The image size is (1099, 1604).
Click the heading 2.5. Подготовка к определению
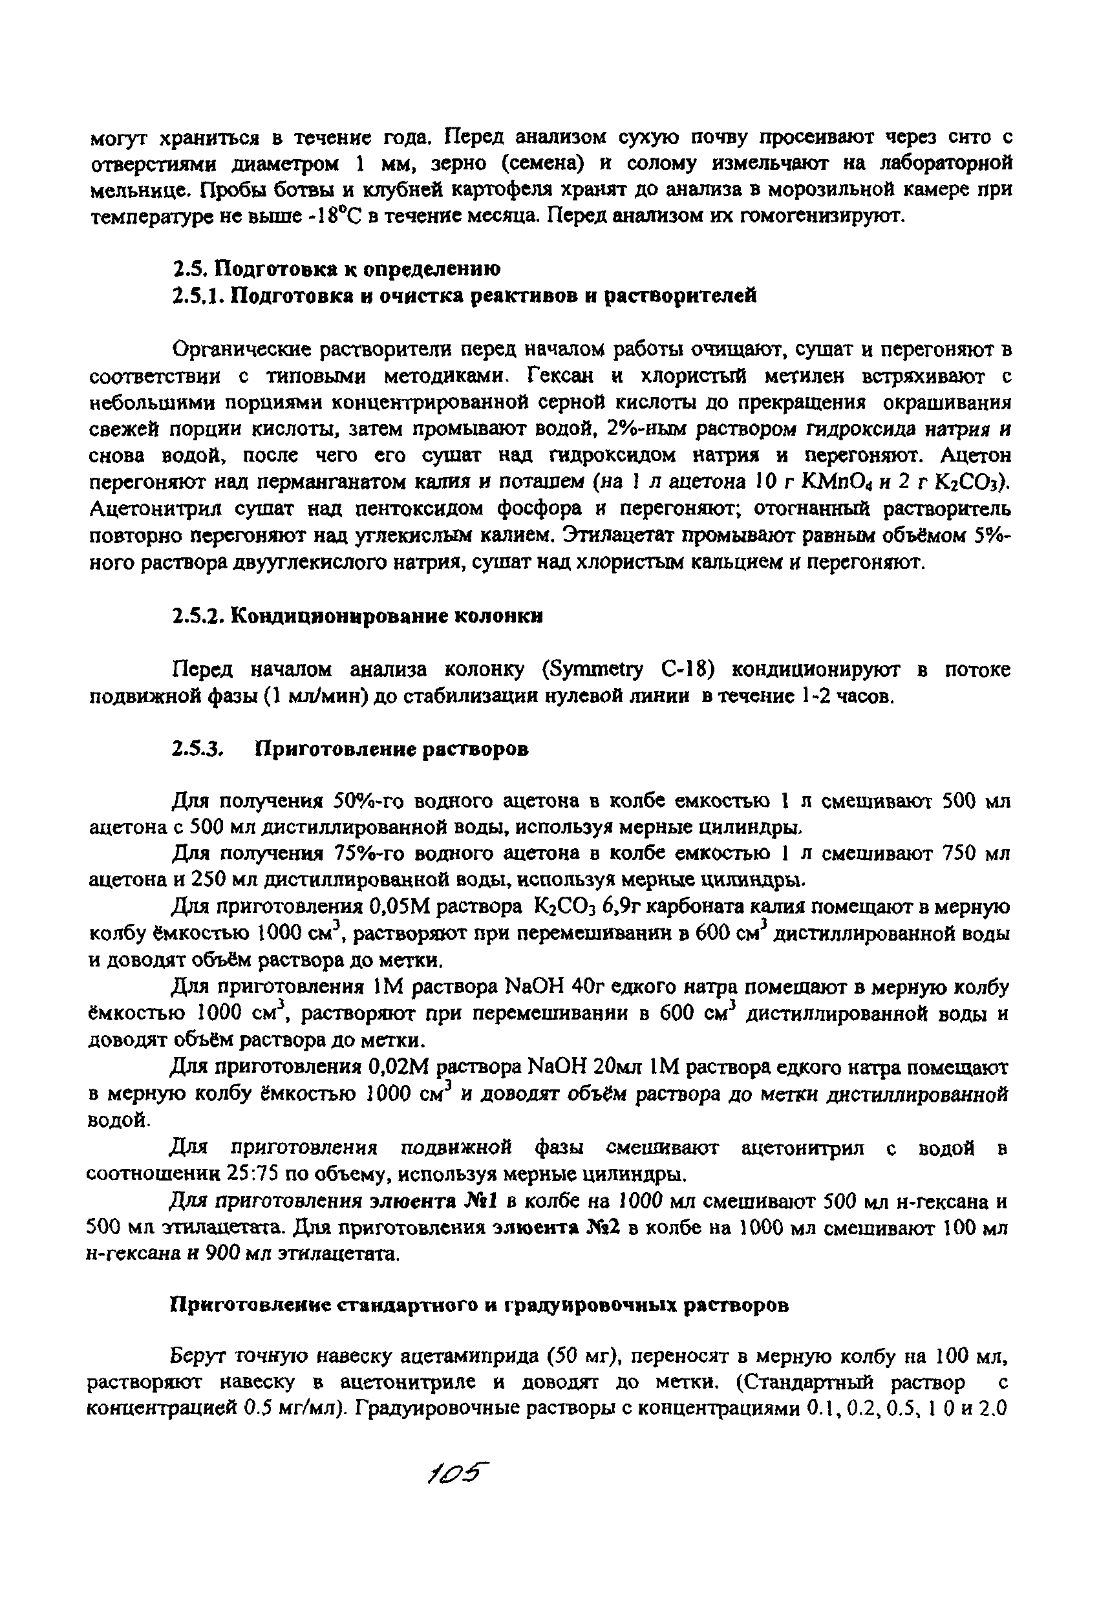pos(336,268)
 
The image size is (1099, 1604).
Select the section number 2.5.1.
pos(199,296)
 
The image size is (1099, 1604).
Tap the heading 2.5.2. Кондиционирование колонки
pos(357,615)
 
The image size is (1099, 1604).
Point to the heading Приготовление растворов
pos(392,749)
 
